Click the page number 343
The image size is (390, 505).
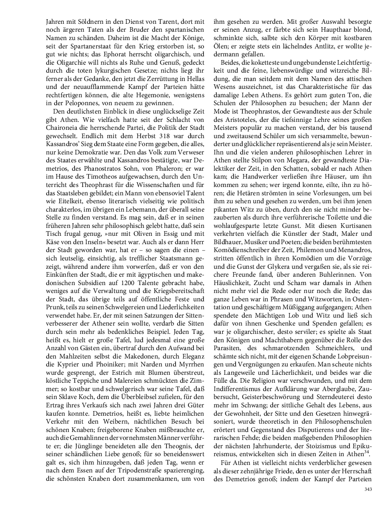coord(368,489)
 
